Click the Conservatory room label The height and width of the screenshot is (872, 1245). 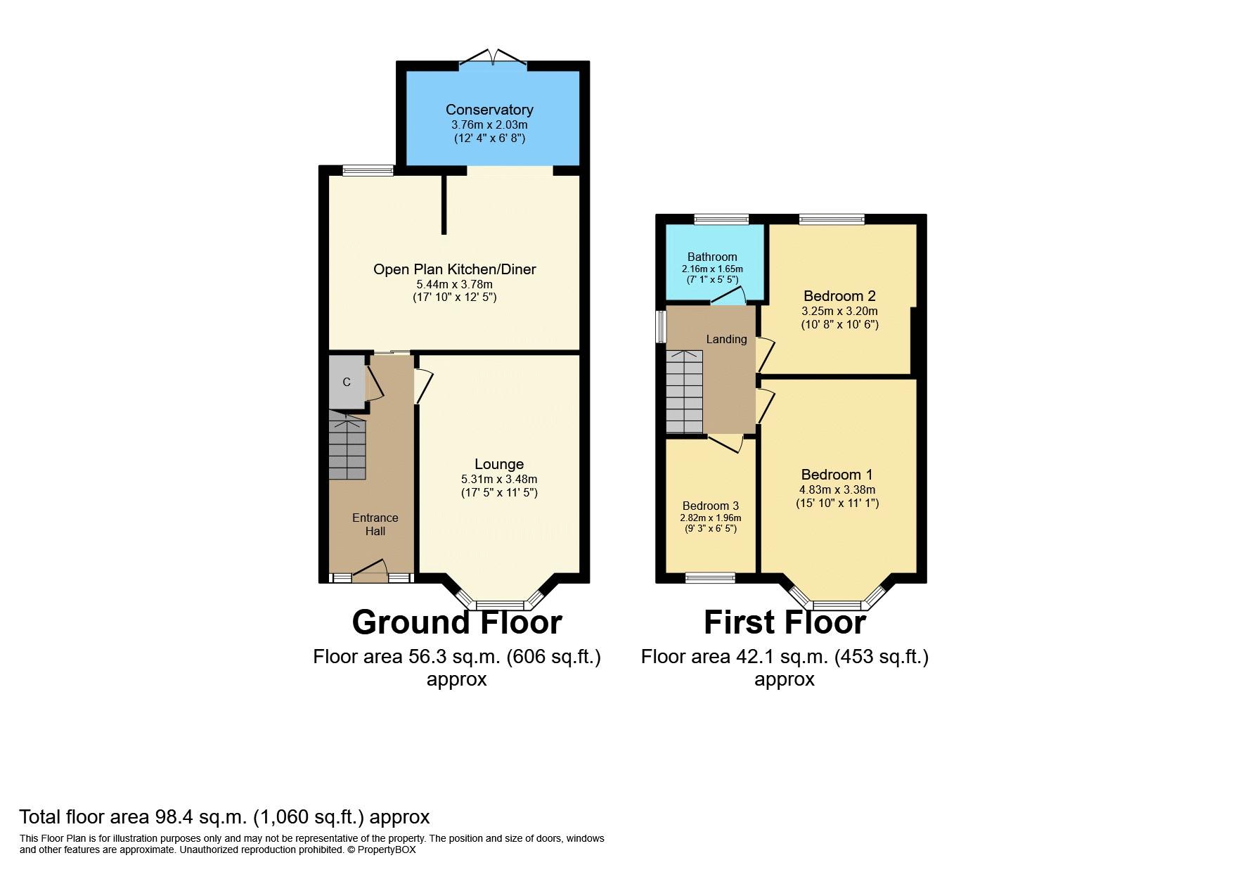[x=489, y=110]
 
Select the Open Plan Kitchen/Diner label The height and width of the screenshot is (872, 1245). [x=454, y=269]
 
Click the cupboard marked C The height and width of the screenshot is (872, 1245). [x=347, y=382]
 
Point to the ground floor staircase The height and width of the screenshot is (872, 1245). [x=347, y=446]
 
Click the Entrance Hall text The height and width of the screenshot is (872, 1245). [x=375, y=525]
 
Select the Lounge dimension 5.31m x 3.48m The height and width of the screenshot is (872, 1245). [x=499, y=479]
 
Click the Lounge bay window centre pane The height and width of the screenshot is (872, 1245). [x=500, y=605]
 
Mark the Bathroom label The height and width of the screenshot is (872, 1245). [x=712, y=257]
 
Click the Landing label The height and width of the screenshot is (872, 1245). [x=726, y=339]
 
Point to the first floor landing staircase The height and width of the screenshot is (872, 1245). [x=684, y=392]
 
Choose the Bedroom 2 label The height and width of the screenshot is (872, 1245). [x=839, y=296]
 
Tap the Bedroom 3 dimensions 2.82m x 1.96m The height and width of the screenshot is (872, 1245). [x=710, y=518]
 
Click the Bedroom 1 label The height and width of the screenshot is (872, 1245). [x=837, y=475]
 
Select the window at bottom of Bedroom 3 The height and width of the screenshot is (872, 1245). [x=710, y=578]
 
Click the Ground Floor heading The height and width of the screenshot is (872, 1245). [x=456, y=622]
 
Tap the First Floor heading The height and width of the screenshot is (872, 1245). [x=785, y=622]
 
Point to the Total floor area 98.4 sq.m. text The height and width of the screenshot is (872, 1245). [x=224, y=817]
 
